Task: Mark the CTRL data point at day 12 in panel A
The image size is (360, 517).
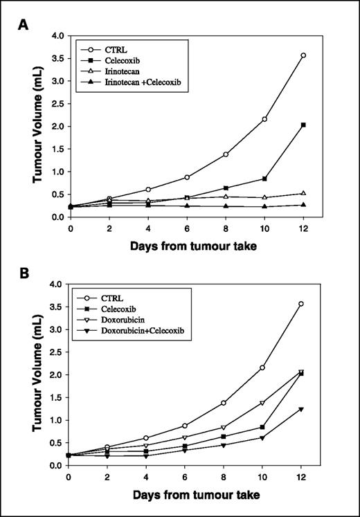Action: pos(303,55)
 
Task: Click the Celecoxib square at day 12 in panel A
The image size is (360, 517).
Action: pos(303,125)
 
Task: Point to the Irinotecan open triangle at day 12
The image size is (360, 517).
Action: pos(303,193)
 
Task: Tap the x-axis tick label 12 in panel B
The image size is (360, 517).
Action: pos(303,477)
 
